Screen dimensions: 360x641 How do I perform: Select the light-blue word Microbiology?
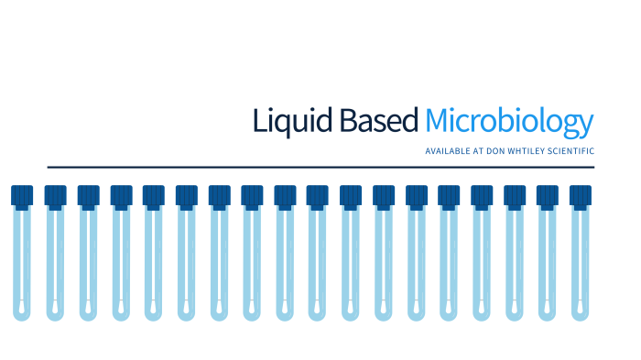click(x=509, y=123)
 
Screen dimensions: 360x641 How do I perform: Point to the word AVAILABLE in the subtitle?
click(x=448, y=150)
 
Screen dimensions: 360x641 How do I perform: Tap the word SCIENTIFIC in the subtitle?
click(x=573, y=150)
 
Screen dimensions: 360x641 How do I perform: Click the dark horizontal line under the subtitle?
click(x=320, y=168)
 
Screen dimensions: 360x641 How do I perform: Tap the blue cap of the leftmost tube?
click(x=23, y=196)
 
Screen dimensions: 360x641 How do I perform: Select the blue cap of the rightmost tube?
click(x=581, y=196)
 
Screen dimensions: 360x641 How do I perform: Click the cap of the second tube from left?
click(x=56, y=196)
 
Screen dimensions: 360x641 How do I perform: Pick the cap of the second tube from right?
click(x=548, y=196)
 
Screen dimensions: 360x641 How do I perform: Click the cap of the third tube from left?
click(x=88, y=196)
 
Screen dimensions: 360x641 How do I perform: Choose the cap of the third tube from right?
click(x=515, y=196)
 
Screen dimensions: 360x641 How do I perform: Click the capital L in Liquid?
click(x=258, y=121)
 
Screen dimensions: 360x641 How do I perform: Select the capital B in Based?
click(x=348, y=121)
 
